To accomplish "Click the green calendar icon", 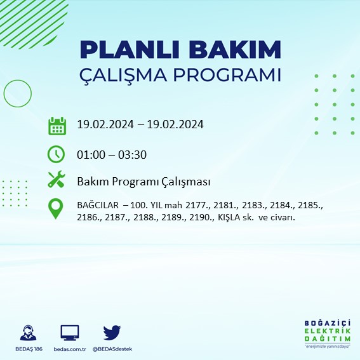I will tap(57, 125).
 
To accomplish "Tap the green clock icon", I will tap(57, 154).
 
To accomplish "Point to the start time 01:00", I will tap(91, 154).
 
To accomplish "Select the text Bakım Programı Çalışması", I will tap(143, 182).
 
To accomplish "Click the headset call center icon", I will tap(28, 333).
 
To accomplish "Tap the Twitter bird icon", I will tap(112, 332).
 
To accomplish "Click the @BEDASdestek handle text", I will tap(112, 349).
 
